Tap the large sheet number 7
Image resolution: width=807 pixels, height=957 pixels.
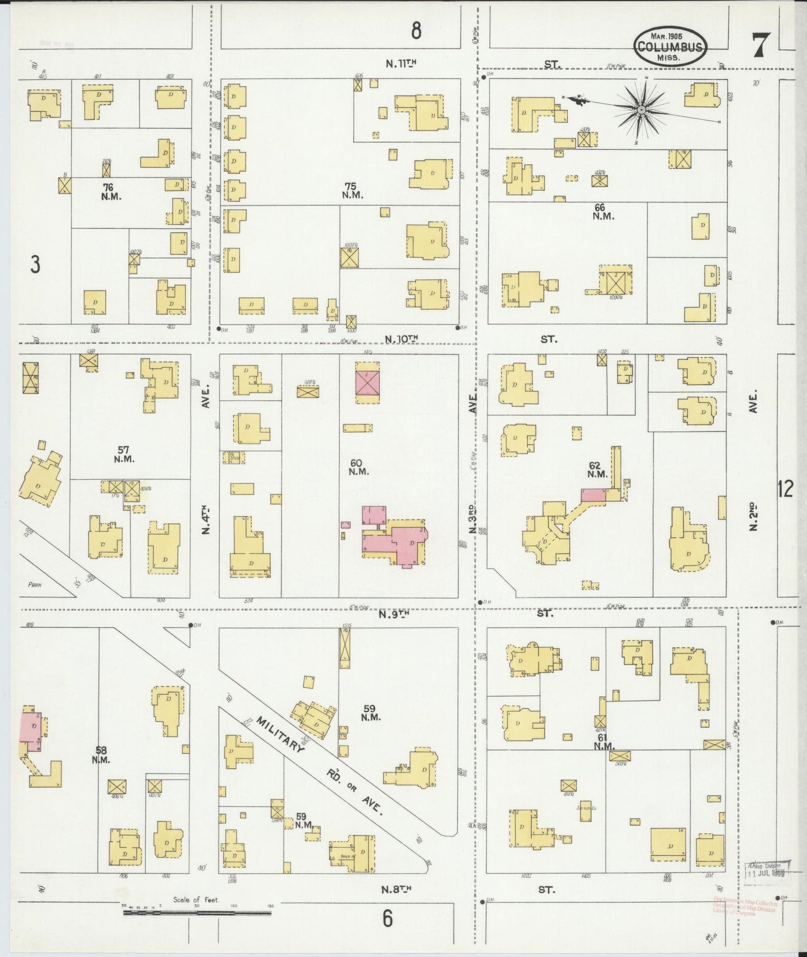761,45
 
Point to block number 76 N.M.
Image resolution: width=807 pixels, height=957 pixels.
108,192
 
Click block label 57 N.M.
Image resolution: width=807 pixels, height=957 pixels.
123,454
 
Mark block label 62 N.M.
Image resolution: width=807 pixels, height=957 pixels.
597,469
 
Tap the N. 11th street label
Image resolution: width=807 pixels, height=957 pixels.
401,64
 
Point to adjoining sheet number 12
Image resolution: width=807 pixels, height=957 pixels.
785,489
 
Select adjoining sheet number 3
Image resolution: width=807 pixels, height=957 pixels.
35,265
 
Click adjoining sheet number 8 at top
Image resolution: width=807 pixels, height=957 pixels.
416,31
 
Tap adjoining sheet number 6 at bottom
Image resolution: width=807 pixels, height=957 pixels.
388,918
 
